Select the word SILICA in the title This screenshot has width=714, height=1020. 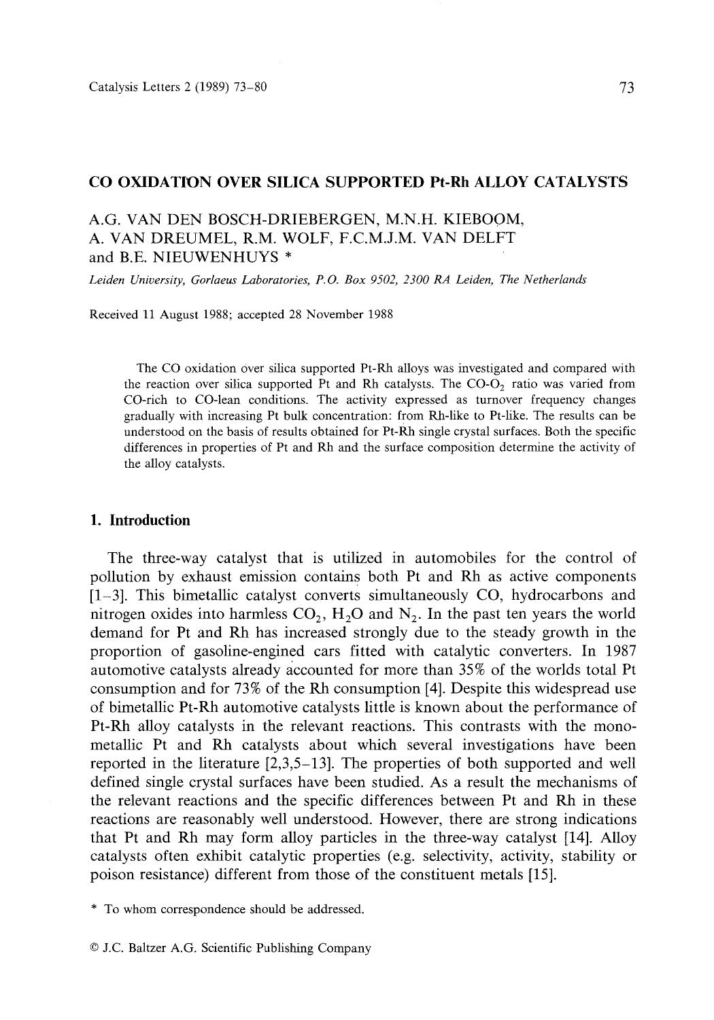tap(281, 182)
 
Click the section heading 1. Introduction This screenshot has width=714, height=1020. tap(140, 521)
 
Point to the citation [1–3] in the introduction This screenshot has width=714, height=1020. tap(107, 596)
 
